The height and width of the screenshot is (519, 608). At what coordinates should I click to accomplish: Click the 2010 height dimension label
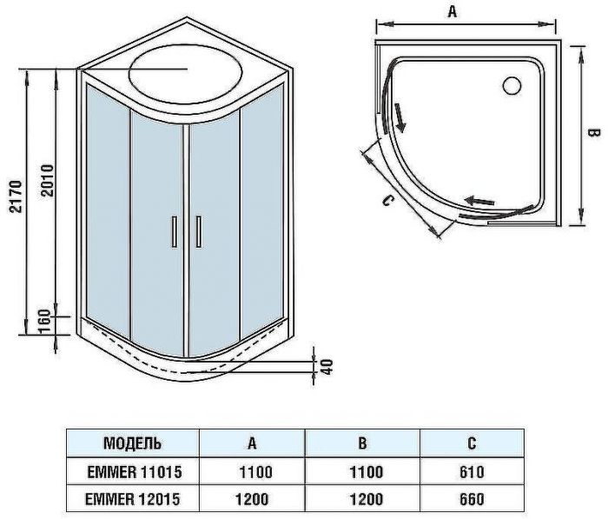coord(50,180)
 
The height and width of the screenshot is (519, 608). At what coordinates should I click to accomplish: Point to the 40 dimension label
coord(327,366)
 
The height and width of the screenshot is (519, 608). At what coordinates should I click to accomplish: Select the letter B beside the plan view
coord(593,133)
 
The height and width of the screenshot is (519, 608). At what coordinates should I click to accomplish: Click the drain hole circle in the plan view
coord(511,85)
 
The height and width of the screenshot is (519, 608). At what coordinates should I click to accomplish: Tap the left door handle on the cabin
coord(175,232)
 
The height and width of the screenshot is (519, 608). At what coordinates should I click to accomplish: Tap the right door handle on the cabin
coord(199,232)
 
